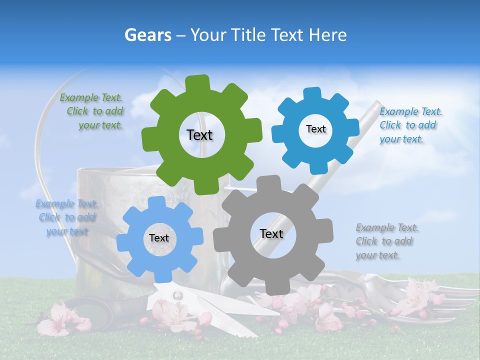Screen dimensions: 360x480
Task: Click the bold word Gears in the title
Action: [147, 35]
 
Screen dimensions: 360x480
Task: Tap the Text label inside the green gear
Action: [199, 135]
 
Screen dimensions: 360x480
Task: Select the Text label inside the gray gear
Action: [271, 234]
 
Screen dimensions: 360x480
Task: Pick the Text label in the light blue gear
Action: [159, 238]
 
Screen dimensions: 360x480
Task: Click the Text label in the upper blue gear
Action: [315, 129]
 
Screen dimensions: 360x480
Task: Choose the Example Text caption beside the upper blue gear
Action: [410, 125]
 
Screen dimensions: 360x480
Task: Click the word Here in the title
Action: [328, 35]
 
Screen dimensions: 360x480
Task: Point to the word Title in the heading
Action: [250, 35]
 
